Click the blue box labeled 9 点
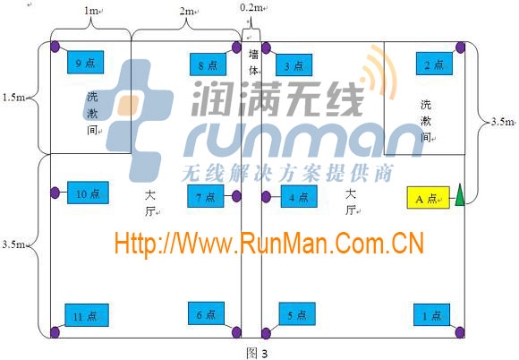click(85, 63)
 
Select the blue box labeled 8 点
click(208, 64)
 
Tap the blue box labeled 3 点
click(294, 65)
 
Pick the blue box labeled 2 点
click(434, 64)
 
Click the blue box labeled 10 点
click(88, 193)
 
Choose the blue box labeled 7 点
click(206, 196)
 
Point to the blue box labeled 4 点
click(299, 196)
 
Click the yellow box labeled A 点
click(429, 198)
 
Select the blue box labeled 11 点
click(87, 315)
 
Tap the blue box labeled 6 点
click(206, 313)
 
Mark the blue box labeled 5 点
click(297, 314)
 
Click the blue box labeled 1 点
click(431, 315)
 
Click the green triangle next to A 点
click(460, 195)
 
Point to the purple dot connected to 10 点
click(55, 193)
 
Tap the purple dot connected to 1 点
click(460, 332)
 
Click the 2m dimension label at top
click(187, 12)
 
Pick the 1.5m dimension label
click(13, 98)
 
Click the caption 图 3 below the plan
click(257, 353)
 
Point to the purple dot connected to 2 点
click(460, 47)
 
